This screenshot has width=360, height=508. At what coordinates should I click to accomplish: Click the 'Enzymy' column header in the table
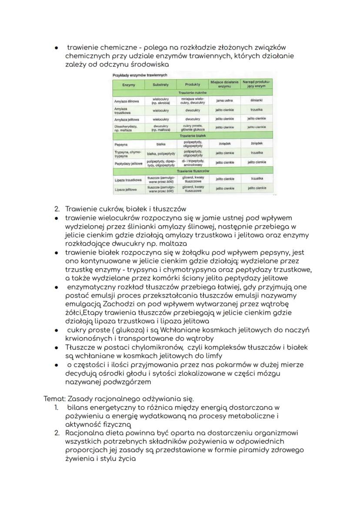click(129, 84)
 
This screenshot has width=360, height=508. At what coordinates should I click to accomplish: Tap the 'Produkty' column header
click(192, 84)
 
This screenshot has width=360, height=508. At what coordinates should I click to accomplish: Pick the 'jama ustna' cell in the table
click(225, 101)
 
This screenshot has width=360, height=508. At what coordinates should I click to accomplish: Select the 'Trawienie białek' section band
click(192, 136)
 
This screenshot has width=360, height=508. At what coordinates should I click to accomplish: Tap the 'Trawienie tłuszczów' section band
click(192, 171)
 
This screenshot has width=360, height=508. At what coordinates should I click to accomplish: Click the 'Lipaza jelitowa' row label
click(126, 189)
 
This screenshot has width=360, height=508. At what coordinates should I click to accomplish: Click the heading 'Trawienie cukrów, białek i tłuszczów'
click(126, 209)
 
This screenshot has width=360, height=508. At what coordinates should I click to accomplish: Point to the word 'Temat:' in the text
click(55, 398)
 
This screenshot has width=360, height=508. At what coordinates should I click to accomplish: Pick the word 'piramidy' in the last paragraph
click(249, 450)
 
